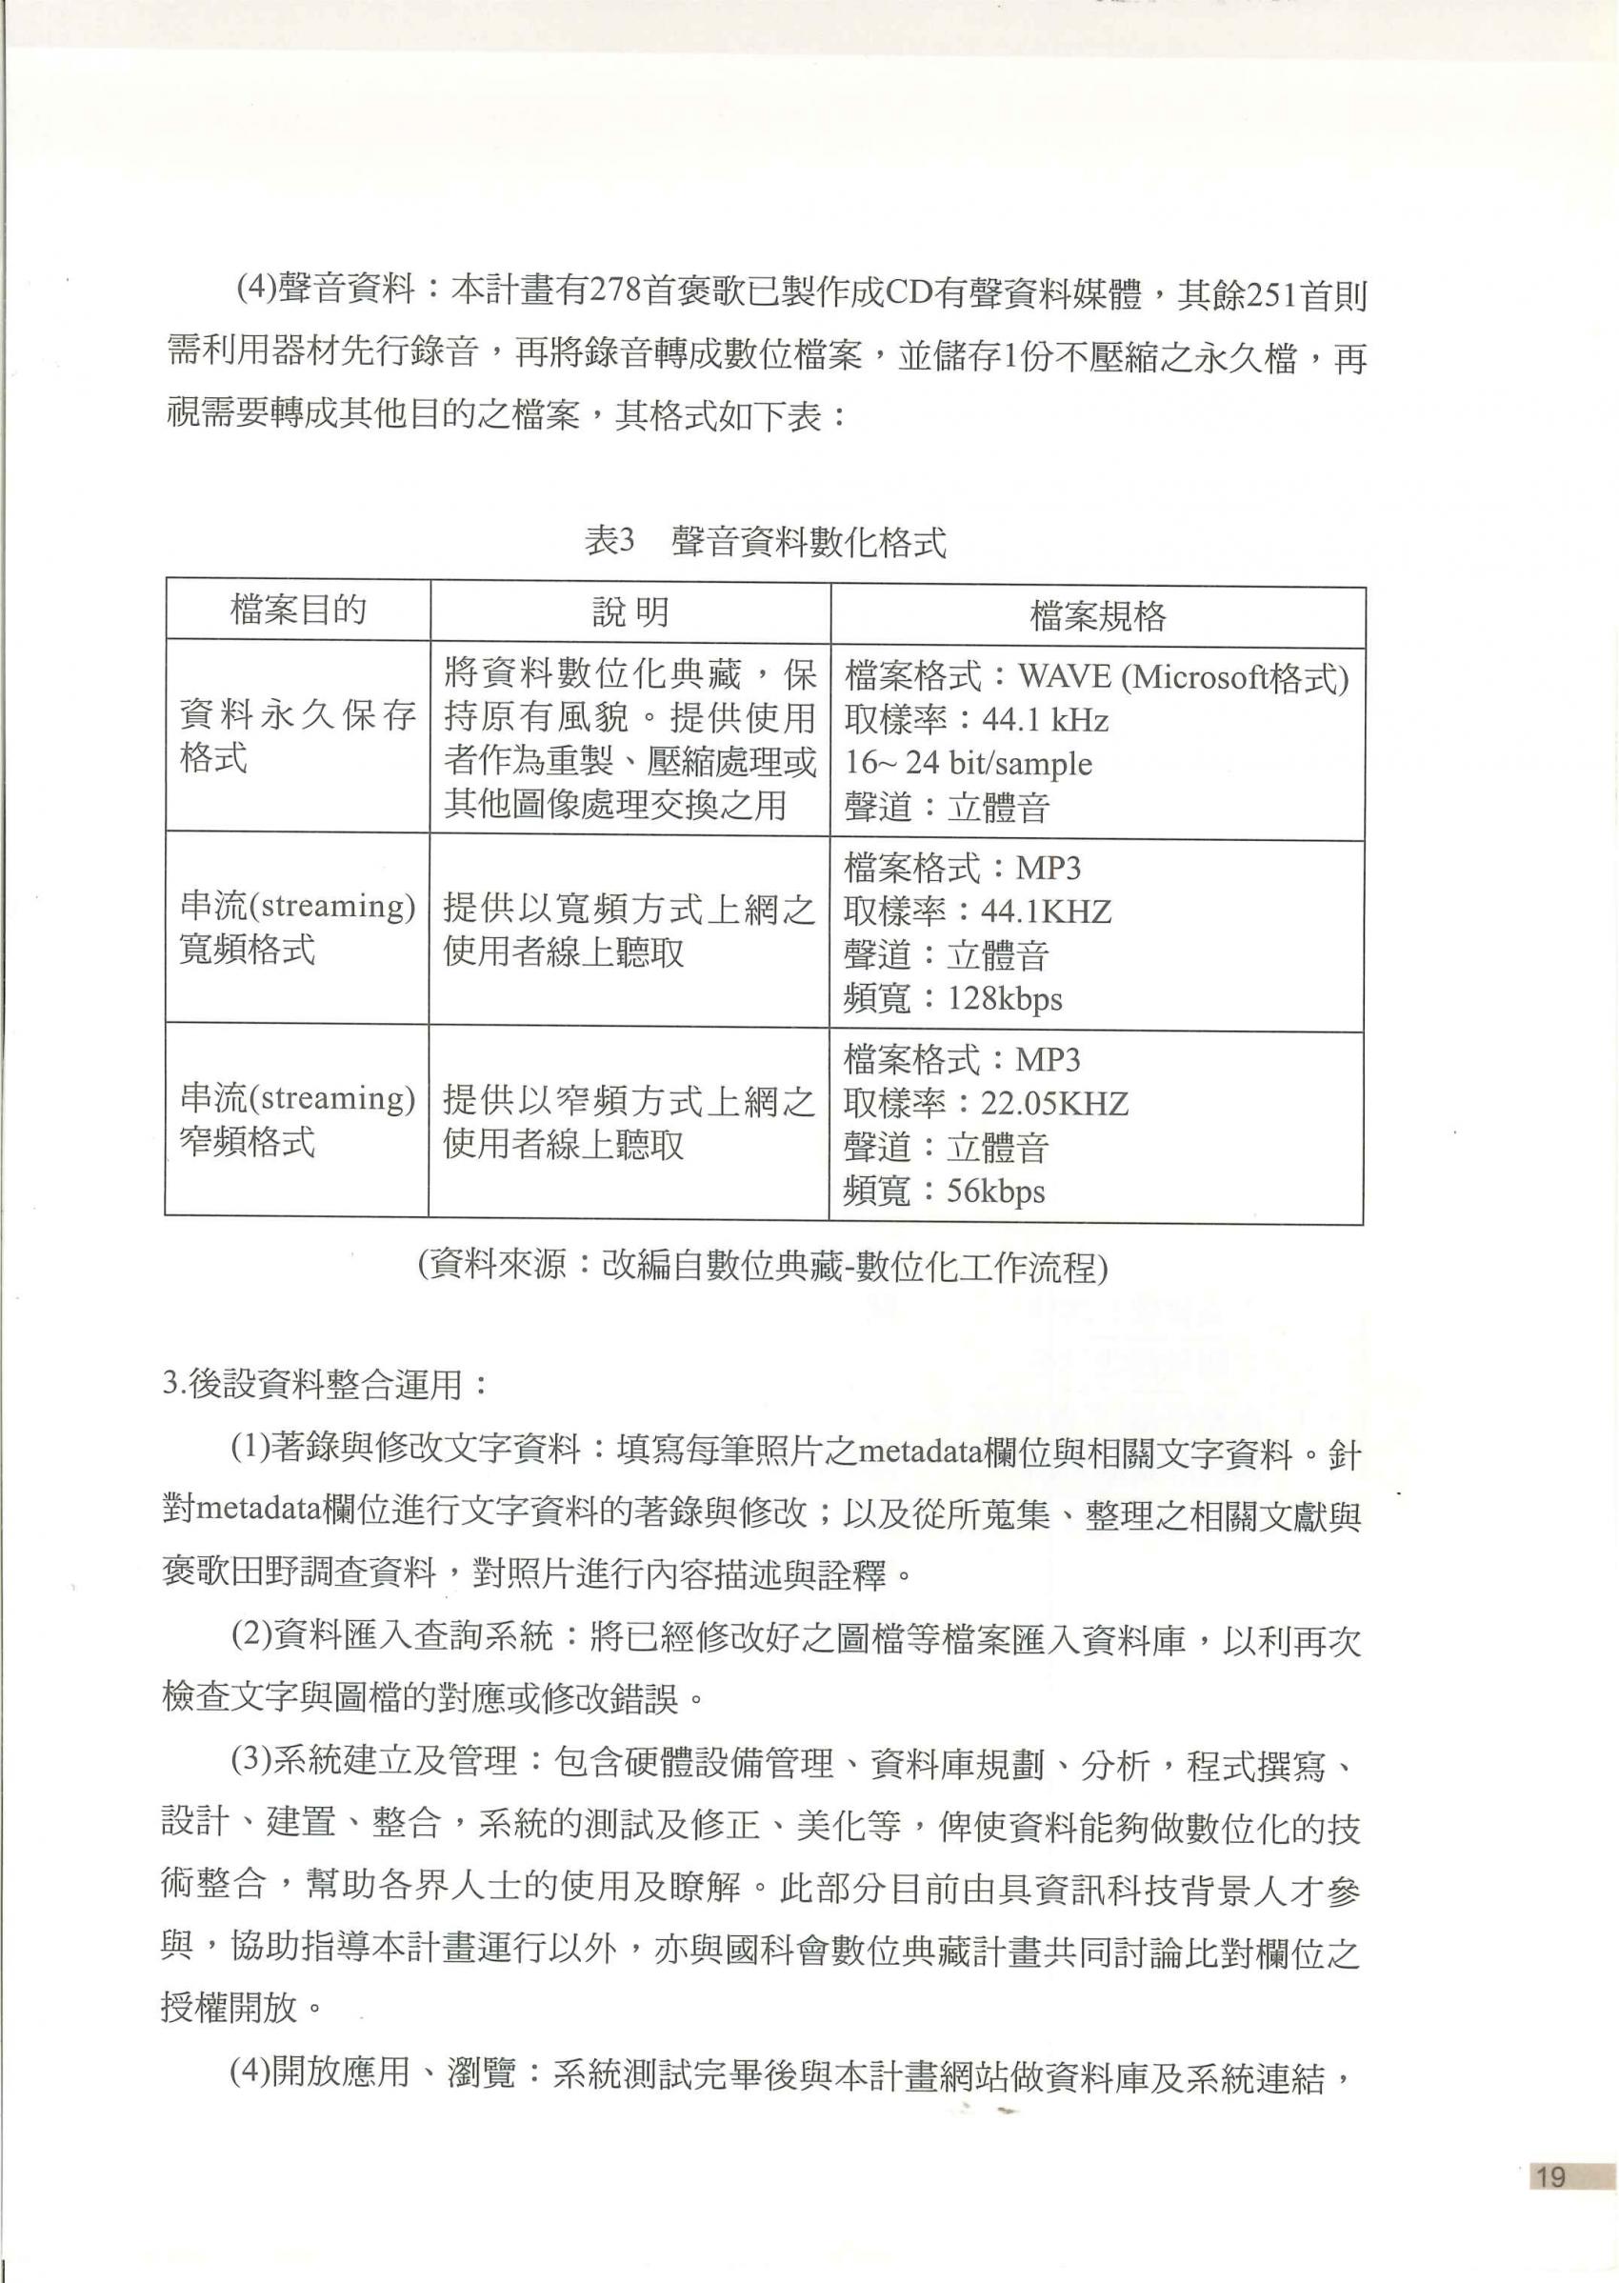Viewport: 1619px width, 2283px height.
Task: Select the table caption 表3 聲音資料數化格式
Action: click(x=765, y=542)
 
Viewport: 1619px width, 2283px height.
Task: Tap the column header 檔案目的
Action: click(x=298, y=610)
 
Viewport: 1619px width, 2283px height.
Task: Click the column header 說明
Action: click(x=630, y=612)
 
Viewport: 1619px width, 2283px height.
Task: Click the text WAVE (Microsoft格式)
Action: click(x=1184, y=678)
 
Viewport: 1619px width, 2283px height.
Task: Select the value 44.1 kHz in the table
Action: click(x=1045, y=720)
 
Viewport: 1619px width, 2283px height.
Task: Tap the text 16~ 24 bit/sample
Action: click(x=968, y=764)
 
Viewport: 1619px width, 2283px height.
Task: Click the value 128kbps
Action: click(x=1005, y=998)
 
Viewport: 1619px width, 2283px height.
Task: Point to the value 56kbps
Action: click(x=996, y=1191)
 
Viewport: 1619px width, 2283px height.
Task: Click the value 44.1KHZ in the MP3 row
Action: click(x=1046, y=911)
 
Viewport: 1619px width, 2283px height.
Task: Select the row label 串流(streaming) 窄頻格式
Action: click(x=297, y=1118)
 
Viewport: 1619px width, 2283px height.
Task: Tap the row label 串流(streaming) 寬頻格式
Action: click(x=297, y=927)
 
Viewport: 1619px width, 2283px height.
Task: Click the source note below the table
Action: click(x=764, y=1266)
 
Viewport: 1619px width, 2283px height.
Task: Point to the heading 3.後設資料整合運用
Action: click(x=326, y=1385)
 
